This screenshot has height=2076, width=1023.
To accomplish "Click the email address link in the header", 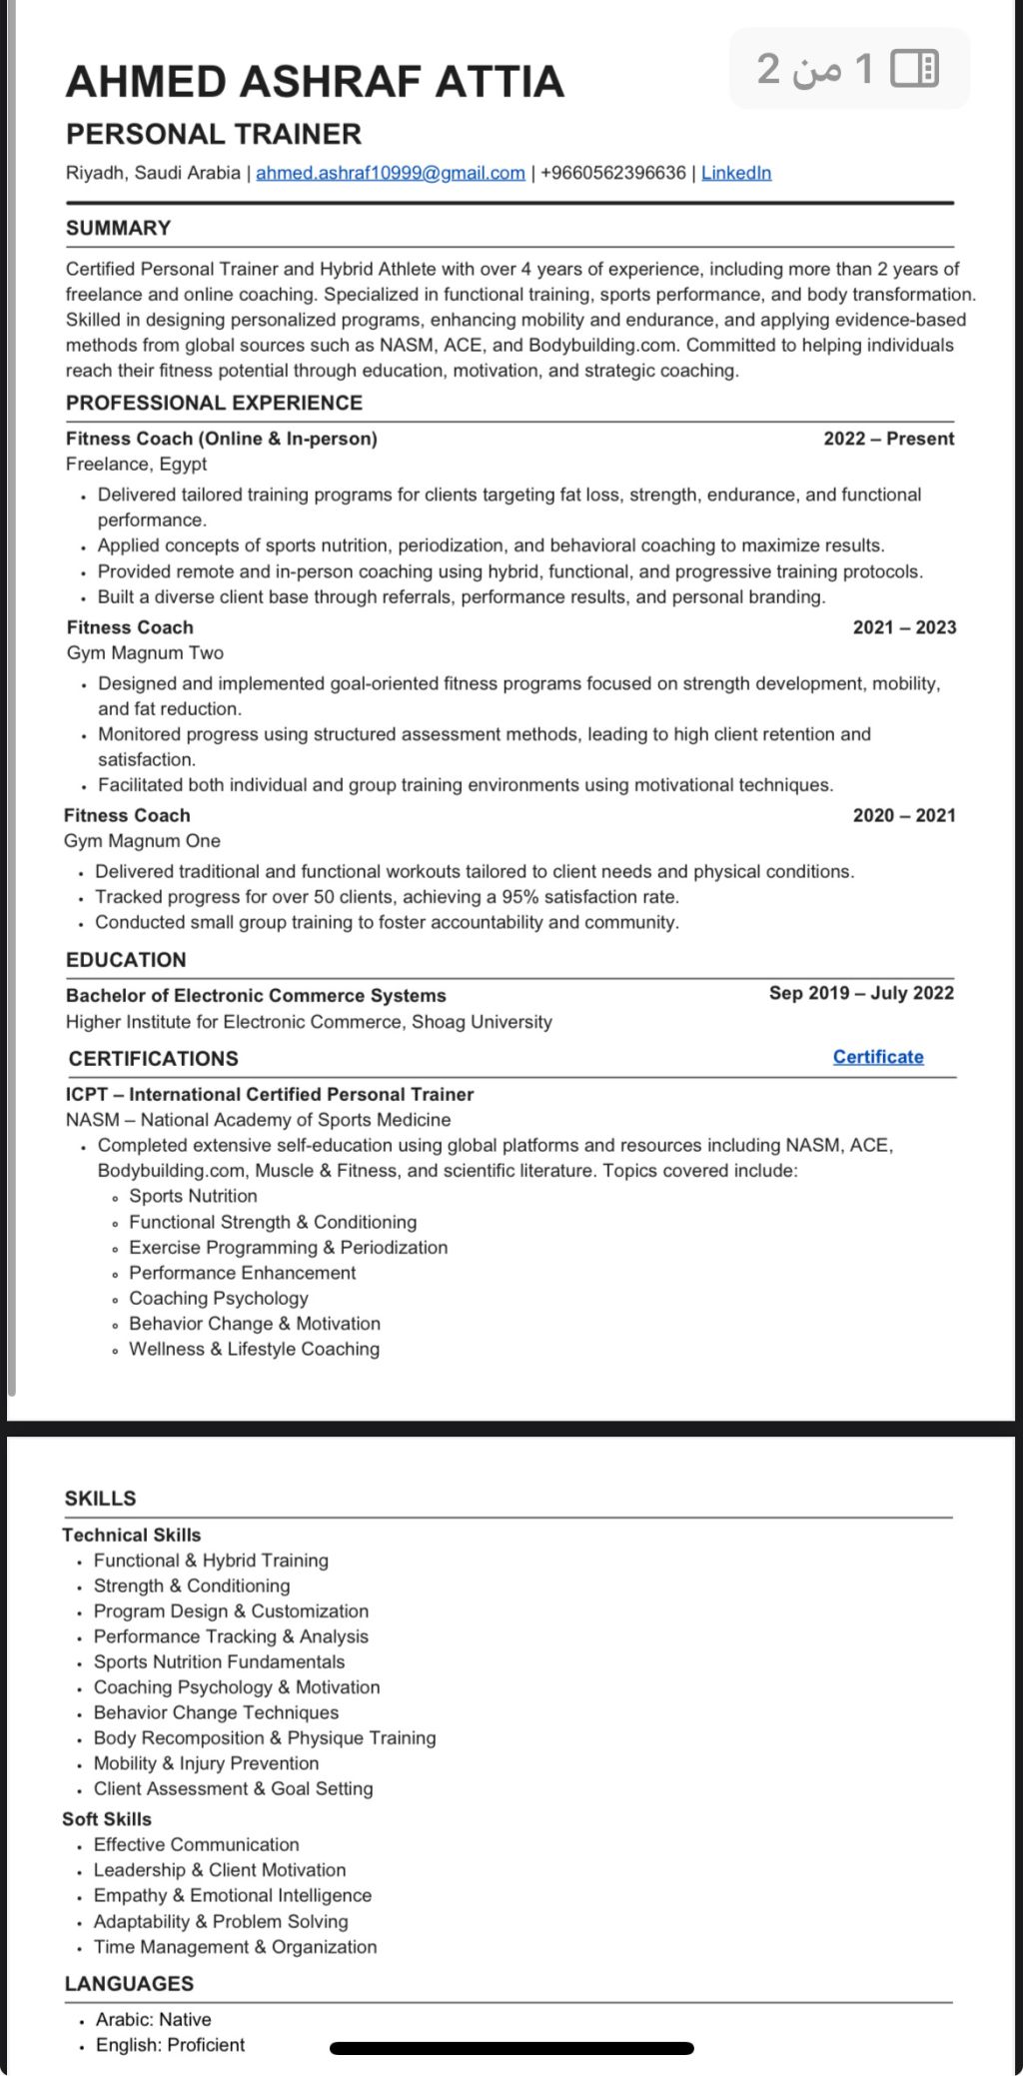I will click(x=390, y=173).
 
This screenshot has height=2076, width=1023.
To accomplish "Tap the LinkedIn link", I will click(x=736, y=173).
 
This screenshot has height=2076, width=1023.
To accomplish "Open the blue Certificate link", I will click(x=878, y=1057).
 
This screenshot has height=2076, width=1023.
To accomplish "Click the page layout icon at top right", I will click(x=914, y=68).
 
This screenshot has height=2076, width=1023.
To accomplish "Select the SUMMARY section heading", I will click(x=119, y=228).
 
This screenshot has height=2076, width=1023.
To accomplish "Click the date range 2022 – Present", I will click(x=888, y=439).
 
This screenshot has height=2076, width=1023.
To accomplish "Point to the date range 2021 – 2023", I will click(x=904, y=627).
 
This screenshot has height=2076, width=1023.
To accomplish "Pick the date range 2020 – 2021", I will click(x=904, y=815).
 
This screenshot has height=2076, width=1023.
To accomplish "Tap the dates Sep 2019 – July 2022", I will click(x=861, y=993).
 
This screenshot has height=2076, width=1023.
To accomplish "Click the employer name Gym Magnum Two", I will click(x=145, y=652).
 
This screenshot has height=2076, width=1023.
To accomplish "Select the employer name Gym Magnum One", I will click(x=142, y=841).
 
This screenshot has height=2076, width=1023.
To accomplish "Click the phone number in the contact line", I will click(x=613, y=173).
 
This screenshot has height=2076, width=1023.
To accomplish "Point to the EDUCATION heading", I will click(x=126, y=960).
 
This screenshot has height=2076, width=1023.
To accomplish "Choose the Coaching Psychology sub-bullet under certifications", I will click(x=218, y=1298).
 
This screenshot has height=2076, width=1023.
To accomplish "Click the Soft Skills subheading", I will click(x=107, y=1819).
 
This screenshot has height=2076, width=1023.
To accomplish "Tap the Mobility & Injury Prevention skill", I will click(x=206, y=1763).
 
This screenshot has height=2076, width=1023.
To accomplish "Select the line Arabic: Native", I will click(x=153, y=2019).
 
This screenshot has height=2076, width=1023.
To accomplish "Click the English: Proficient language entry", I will click(x=170, y=2045).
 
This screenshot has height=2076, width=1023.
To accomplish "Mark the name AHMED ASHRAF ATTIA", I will click(x=315, y=82).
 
